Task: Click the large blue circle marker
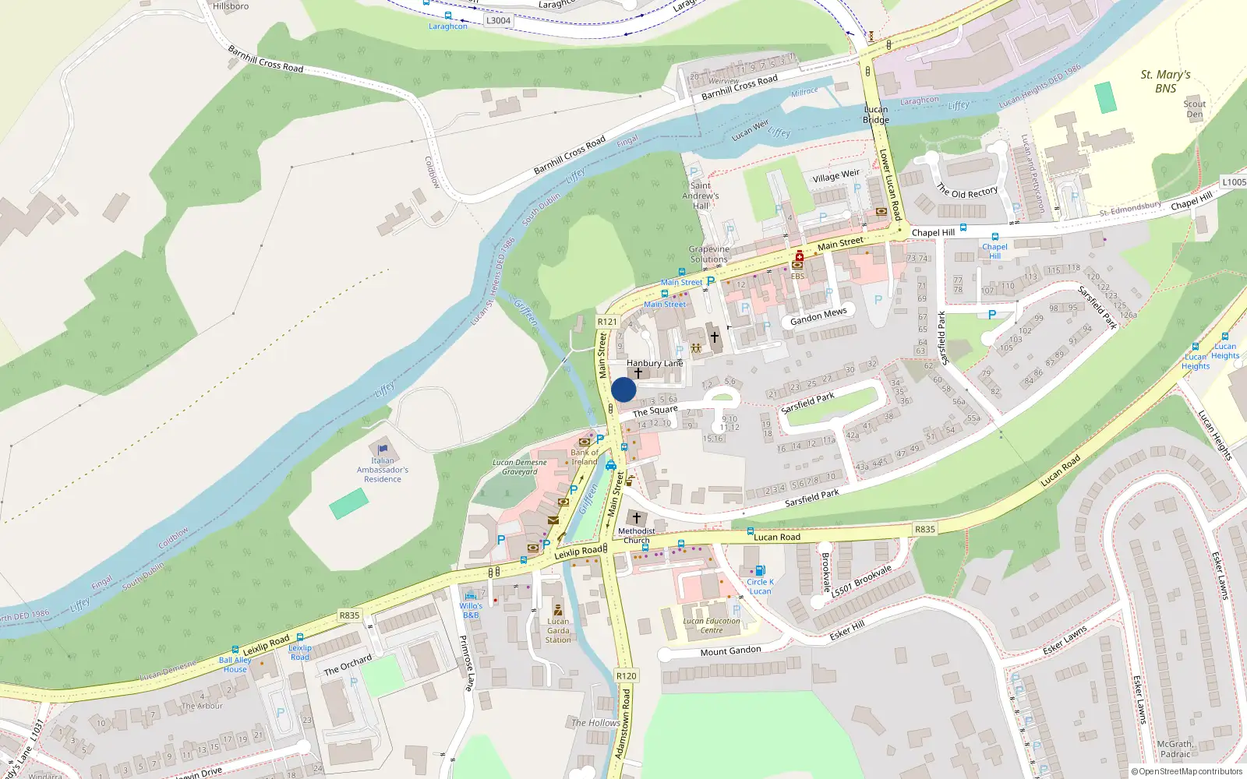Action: tap(623, 389)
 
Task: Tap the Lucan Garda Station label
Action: tap(558, 630)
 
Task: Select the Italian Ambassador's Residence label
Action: tap(383, 470)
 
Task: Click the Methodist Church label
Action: tap(637, 535)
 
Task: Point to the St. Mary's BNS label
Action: tap(1165, 81)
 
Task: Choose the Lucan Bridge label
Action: tap(876, 115)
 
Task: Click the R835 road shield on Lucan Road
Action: tap(925, 529)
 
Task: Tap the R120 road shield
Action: tap(626, 675)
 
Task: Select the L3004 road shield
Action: tap(499, 20)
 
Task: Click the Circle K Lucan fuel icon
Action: tap(760, 570)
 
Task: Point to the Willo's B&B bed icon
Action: tap(471, 596)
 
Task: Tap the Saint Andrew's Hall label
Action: tap(701, 196)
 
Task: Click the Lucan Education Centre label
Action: tap(712, 626)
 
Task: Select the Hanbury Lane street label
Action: tap(655, 363)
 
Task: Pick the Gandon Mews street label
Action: tap(818, 316)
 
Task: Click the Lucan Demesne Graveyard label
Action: tap(520, 467)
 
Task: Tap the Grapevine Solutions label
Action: tap(709, 254)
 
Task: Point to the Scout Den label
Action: tap(1194, 109)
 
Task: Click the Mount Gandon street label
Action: tap(730, 651)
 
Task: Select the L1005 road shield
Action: tap(1234, 182)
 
